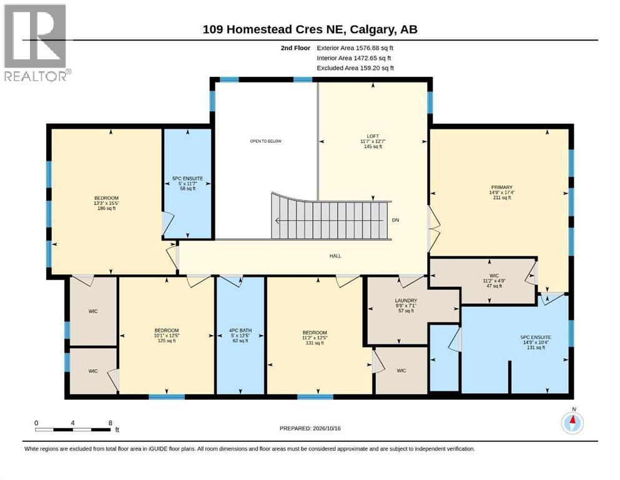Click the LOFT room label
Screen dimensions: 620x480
pyautogui.click(x=373, y=136)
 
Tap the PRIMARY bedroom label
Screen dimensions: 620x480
pyautogui.click(x=502, y=187)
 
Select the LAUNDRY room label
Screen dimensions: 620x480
pyautogui.click(x=406, y=301)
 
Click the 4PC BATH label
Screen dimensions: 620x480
pyautogui.click(x=240, y=331)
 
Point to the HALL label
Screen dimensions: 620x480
pyautogui.click(x=335, y=256)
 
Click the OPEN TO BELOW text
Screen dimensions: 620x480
pyautogui.click(x=266, y=141)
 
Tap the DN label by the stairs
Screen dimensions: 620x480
pyautogui.click(x=395, y=220)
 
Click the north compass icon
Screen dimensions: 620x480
pyautogui.click(x=572, y=422)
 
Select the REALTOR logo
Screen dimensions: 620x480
pyautogui.click(x=36, y=42)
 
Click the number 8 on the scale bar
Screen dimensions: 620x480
pyautogui.click(x=111, y=422)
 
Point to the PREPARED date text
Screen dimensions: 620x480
pyautogui.click(x=310, y=428)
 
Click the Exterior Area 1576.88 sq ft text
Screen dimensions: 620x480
pyautogui.click(x=355, y=48)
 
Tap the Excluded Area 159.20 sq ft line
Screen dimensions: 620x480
pyautogui.click(x=355, y=68)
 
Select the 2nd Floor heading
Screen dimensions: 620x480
pyautogui.click(x=295, y=48)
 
